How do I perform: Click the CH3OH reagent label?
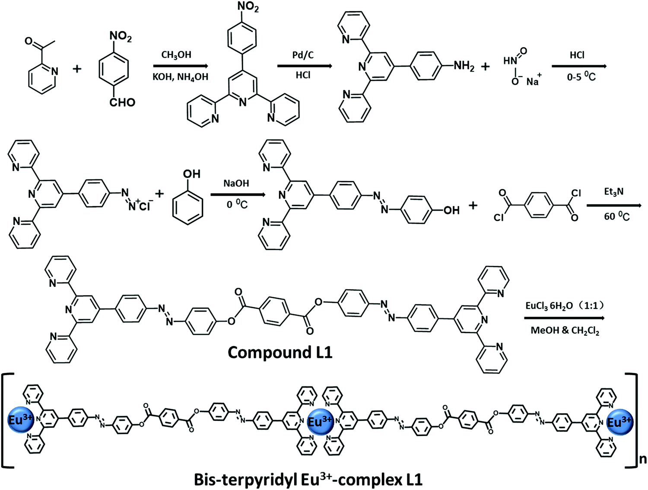click(x=176, y=55)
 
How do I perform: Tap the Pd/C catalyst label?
click(x=303, y=55)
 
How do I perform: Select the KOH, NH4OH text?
click(x=180, y=77)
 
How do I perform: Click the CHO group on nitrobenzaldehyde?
click(x=122, y=102)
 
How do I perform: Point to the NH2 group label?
click(x=464, y=66)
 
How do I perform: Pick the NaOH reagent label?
click(x=236, y=183)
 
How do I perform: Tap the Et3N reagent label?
click(x=613, y=192)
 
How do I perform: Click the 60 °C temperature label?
click(x=616, y=216)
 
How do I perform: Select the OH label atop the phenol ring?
click(x=192, y=174)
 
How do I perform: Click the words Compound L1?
click(x=280, y=353)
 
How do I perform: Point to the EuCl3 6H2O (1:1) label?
click(x=565, y=306)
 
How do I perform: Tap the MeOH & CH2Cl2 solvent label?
click(x=565, y=331)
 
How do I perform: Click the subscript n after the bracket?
click(x=643, y=458)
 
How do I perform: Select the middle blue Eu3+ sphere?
click(x=320, y=421)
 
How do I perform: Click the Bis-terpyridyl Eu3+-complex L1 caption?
click(x=308, y=480)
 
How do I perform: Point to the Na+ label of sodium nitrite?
click(x=533, y=81)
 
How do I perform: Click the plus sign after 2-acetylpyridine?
click(x=77, y=69)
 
